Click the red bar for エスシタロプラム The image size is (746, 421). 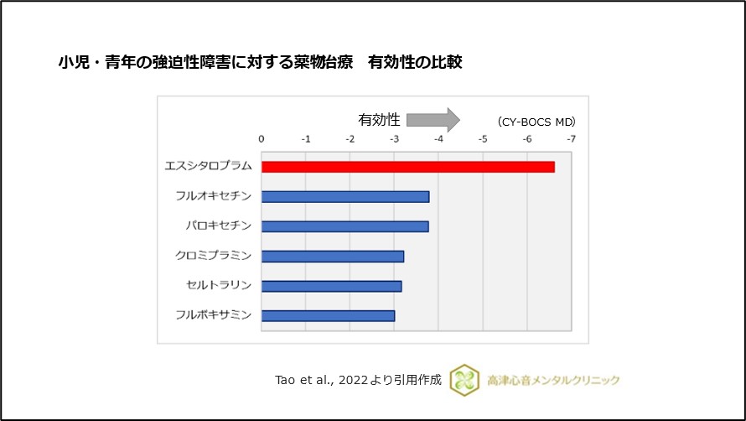pos(407,167)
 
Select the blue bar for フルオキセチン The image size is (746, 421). pos(345,196)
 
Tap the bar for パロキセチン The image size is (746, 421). pos(345,226)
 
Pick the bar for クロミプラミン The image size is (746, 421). pos(333,256)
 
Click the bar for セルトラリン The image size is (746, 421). pos(331,286)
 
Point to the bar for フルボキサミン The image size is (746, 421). pos(328,316)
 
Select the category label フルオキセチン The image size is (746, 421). pos(213,196)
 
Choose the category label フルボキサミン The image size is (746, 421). pos(213,316)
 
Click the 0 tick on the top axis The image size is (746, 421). pos(262,139)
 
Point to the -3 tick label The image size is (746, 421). pos(394,139)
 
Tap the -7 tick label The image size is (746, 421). pos(571,139)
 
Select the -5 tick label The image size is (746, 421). pos(482,139)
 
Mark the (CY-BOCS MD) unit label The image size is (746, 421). pos(536,122)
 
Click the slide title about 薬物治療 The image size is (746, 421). pos(259,62)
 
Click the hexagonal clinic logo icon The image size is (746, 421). pos(464,380)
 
